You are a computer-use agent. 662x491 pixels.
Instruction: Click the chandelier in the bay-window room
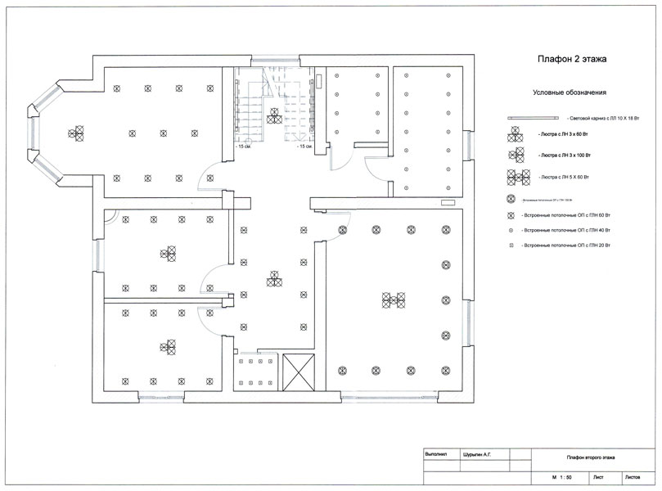point(76,132)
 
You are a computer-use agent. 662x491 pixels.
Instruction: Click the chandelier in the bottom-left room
point(168,346)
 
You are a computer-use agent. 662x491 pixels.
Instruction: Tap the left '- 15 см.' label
point(242,147)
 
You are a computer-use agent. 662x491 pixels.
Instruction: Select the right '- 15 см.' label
point(304,147)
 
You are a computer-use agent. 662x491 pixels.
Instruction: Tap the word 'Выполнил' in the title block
point(436,453)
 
